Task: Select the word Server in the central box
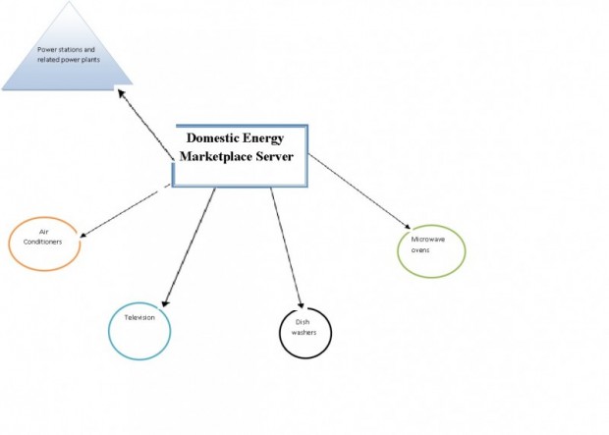pos(275,156)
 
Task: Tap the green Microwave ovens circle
pos(465,251)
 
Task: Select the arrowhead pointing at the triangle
pos(121,93)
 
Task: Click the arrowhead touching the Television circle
pos(165,303)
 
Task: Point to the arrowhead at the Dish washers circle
pos(301,304)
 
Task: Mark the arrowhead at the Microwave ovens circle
pos(408,227)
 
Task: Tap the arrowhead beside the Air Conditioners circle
pos(83,235)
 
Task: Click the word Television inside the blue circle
pos(139,318)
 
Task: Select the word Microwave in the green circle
pos(428,240)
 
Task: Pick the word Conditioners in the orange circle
pos(42,242)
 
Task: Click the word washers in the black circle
pos(304,333)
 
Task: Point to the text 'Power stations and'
pos(66,50)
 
